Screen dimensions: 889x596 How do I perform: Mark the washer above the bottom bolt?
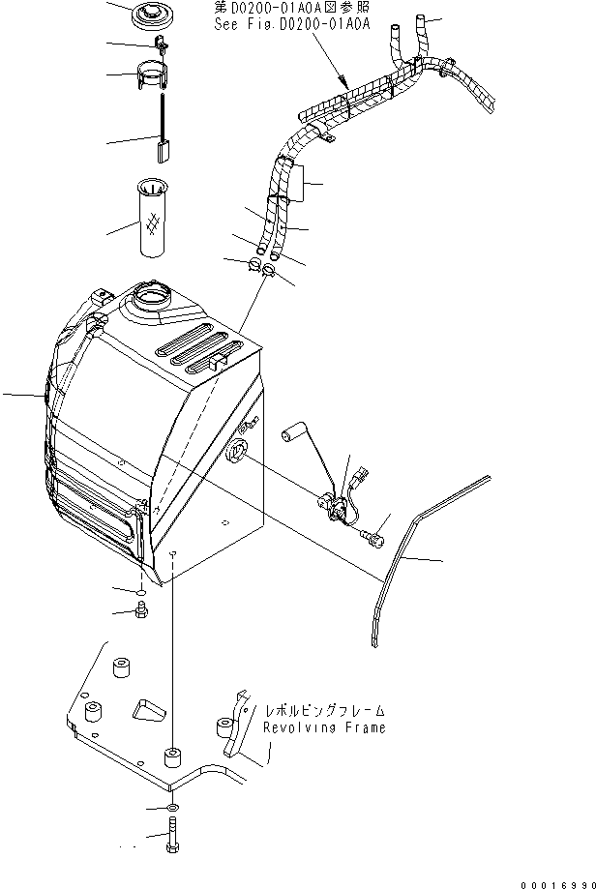(x=171, y=808)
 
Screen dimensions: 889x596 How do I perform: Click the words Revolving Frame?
(x=323, y=727)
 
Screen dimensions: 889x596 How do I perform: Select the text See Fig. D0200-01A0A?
(x=292, y=26)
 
